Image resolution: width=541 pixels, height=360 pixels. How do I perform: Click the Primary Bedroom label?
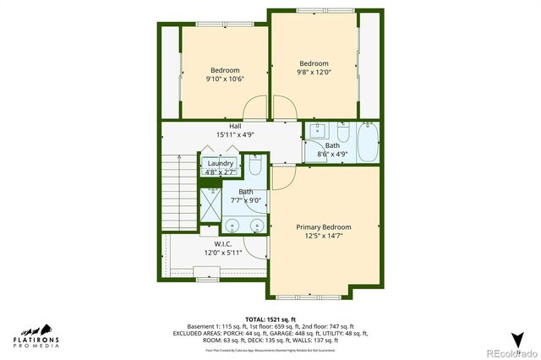point(324,227)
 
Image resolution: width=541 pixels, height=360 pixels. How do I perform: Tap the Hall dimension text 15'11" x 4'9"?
point(223,135)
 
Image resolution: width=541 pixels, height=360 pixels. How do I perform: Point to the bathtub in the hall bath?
point(369,143)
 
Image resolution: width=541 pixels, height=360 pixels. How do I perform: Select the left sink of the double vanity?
point(231,226)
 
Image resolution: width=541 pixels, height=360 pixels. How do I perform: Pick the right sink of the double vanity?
point(255,226)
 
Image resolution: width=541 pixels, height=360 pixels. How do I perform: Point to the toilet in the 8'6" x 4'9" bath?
point(343,134)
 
